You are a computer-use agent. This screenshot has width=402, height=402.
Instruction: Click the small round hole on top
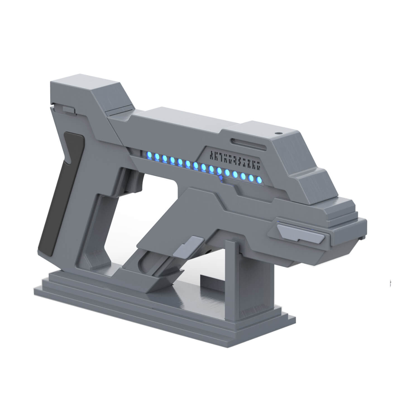(278, 133)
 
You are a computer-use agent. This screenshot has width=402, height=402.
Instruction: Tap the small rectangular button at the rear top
(69, 109)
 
